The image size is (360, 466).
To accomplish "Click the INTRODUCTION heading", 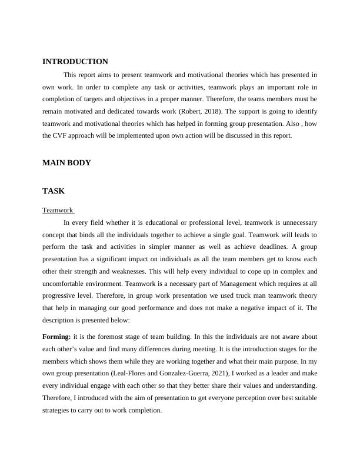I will click(x=75, y=62).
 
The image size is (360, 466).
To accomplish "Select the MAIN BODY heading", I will click(x=66, y=163).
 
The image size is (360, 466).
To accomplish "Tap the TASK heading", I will click(x=54, y=191).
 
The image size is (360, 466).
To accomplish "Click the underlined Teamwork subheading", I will click(x=58, y=210).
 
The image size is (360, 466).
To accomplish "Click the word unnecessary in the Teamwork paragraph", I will click(x=296, y=223).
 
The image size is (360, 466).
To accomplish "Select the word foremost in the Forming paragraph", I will click(x=107, y=337).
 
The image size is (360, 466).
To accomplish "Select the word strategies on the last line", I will click(x=58, y=411).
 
